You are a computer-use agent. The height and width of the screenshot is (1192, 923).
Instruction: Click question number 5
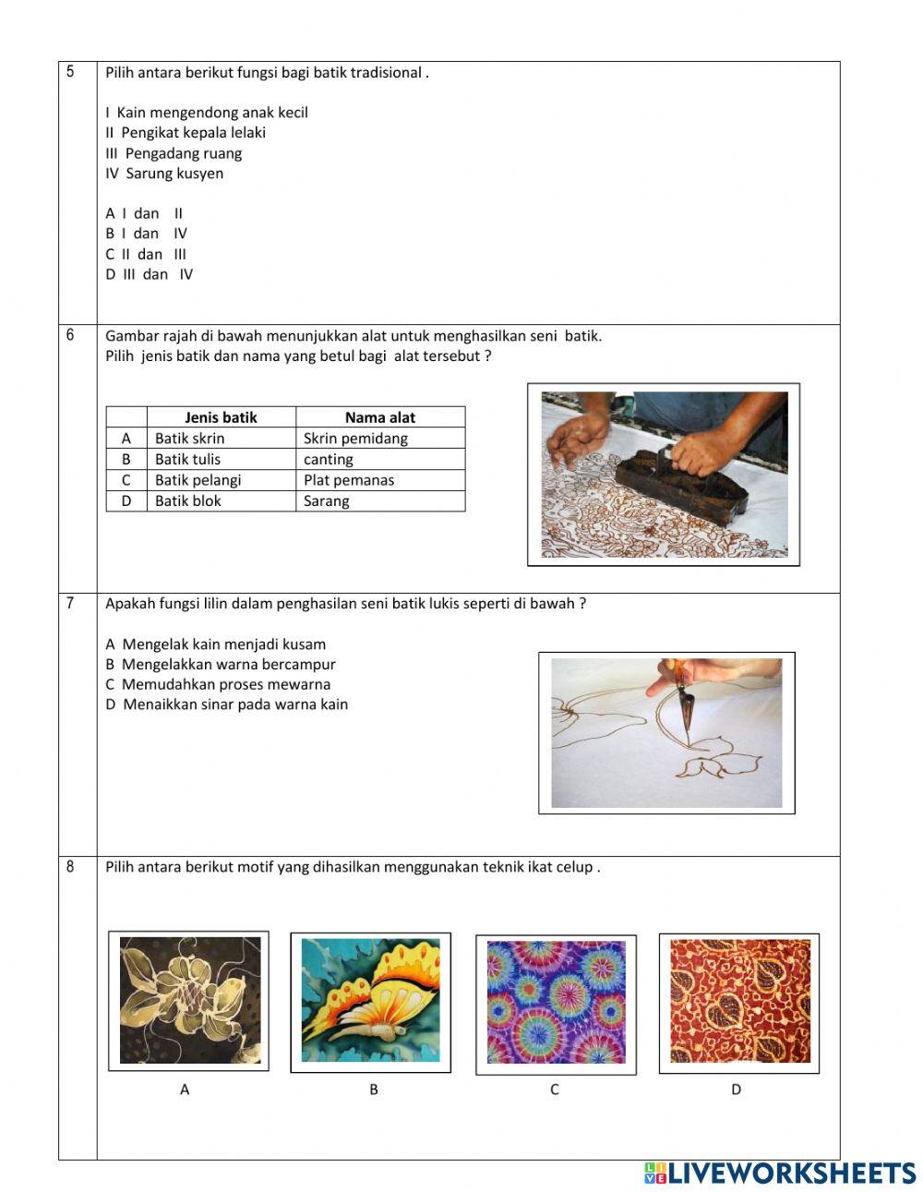pos(70,72)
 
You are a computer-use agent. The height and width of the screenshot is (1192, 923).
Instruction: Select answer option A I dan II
pos(144,213)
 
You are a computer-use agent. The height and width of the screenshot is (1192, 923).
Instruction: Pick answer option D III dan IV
pos(149,274)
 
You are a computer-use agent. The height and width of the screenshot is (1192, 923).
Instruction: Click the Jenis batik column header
pos(221,417)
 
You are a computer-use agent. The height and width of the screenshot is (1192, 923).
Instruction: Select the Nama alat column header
pos(379,417)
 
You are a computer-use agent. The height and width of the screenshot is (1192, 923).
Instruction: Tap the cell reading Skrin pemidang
pos(355,439)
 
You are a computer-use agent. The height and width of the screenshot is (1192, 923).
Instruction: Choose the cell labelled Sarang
pos(327,501)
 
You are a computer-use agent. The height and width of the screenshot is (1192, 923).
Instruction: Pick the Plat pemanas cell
pos(349,480)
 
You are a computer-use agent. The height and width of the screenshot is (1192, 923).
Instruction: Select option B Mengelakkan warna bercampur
pos(221,664)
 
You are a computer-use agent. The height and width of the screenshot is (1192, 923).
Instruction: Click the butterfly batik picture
pos(370,1002)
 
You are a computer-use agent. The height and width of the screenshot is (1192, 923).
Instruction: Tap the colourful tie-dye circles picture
pos(556,1004)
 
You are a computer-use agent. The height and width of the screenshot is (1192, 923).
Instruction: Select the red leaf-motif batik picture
pos(739,1002)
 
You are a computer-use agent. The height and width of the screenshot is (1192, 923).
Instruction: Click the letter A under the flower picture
pos(185,1090)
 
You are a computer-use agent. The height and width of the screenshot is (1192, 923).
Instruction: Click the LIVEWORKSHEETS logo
pos(780,1173)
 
